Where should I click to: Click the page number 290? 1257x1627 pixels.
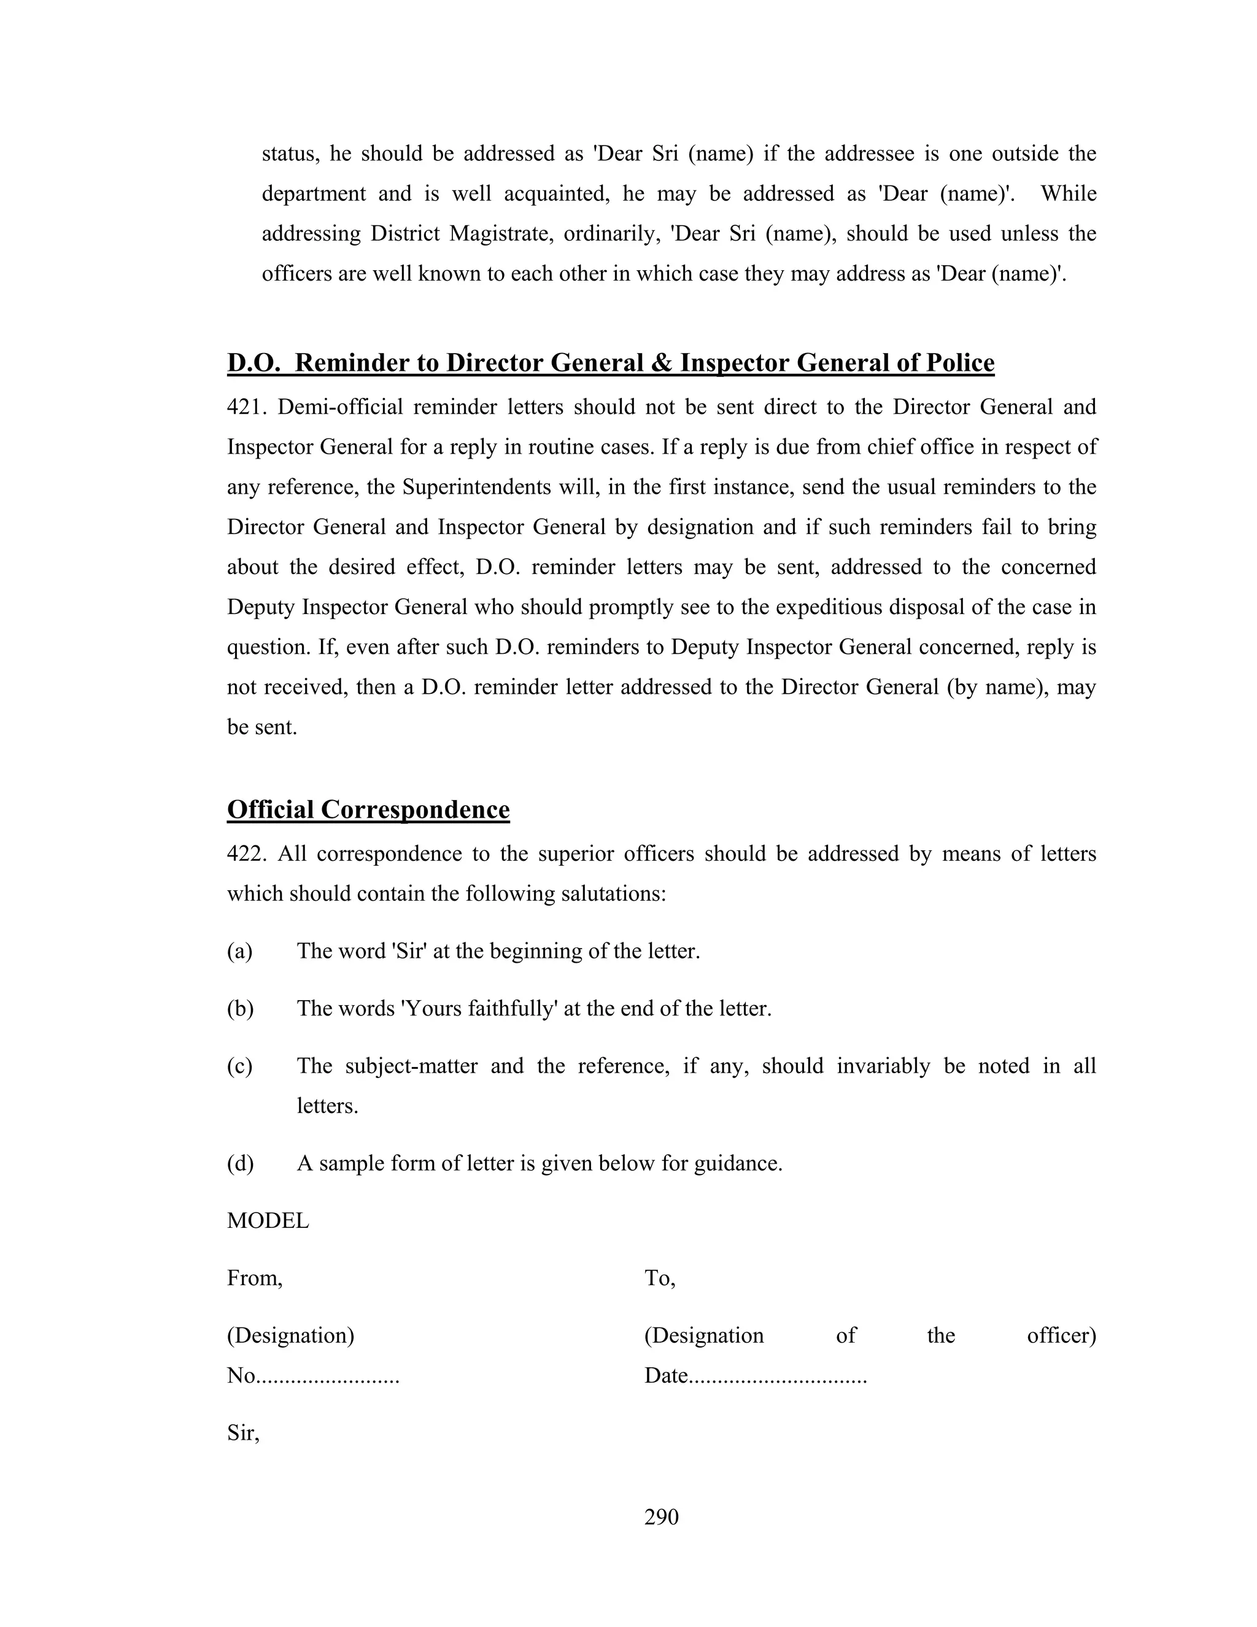661,1516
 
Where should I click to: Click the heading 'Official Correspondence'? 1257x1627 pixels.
368,809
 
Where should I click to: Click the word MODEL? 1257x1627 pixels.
268,1221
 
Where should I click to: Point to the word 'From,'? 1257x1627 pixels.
255,1279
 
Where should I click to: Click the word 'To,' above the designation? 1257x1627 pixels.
659,1278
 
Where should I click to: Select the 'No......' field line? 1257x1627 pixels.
313,1376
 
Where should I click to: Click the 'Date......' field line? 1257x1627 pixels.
755,1376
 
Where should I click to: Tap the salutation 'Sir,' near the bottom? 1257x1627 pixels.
243,1434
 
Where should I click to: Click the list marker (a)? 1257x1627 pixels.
240,951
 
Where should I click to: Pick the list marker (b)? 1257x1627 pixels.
240,1009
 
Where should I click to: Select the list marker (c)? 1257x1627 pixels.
240,1066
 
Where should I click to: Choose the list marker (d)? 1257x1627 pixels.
240,1163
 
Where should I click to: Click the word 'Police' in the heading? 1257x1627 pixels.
960,363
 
